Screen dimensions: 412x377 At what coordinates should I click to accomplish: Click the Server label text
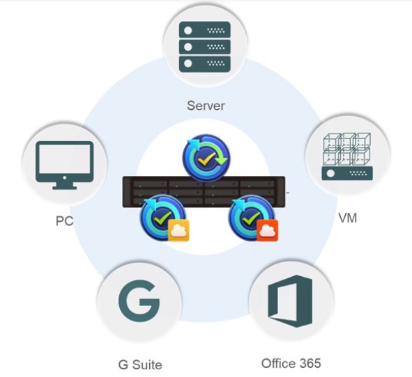point(206,106)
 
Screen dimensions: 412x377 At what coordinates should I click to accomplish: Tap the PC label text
point(64,221)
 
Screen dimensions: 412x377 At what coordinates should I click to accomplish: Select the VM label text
point(347,218)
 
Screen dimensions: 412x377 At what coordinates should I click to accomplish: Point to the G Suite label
point(140,364)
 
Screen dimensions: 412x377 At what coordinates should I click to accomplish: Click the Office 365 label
point(291,363)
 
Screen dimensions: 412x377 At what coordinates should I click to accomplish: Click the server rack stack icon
point(205,47)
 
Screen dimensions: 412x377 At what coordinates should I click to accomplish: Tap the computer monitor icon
point(65,165)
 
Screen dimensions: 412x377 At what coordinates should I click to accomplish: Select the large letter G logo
point(139,300)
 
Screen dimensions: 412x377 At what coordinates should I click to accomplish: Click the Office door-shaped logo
point(290,301)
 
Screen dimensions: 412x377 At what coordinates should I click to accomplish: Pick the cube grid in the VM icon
point(347,149)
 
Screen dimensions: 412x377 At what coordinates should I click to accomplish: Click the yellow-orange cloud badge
point(178,230)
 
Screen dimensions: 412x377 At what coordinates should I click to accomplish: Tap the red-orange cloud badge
point(267,230)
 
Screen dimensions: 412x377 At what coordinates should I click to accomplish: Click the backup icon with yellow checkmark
point(206,158)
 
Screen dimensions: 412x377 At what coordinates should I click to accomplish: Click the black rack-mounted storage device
point(204,192)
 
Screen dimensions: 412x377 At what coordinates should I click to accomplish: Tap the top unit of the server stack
point(205,30)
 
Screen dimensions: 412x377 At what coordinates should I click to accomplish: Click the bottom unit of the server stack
point(205,64)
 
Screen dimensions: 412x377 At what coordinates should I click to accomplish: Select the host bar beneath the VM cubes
point(347,173)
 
